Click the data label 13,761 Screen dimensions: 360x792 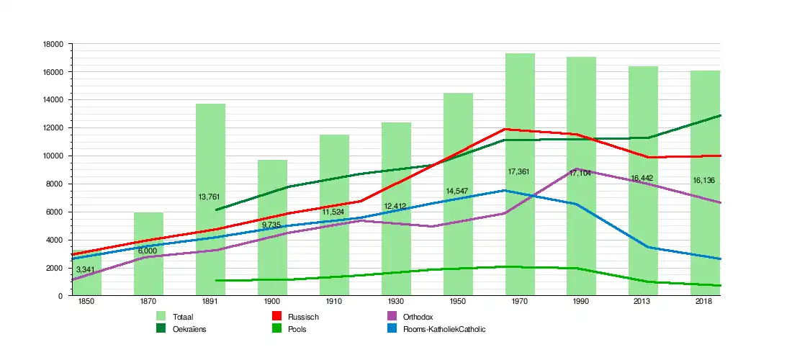tap(210, 197)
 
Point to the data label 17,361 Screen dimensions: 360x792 tap(520, 172)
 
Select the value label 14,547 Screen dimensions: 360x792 tap(458, 191)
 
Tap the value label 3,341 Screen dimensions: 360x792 tap(87, 270)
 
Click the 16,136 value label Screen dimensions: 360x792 tap(703, 180)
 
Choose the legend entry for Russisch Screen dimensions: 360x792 tap(303, 317)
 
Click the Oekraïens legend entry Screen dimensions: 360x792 tap(190, 329)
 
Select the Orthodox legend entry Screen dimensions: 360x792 tap(418, 317)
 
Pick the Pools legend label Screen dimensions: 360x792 tap(297, 329)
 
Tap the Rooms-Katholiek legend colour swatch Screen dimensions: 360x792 tap(392, 329)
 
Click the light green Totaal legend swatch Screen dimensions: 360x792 tap(162, 317)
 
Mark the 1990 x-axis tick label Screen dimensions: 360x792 tap(581, 302)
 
